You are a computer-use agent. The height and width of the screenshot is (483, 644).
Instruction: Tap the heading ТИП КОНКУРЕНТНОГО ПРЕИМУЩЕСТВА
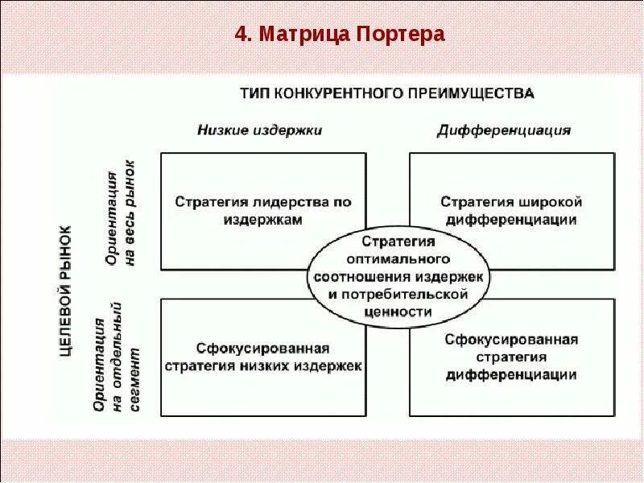pyautogui.click(x=386, y=93)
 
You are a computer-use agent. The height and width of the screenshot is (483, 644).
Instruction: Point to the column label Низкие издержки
pyautogui.click(x=259, y=130)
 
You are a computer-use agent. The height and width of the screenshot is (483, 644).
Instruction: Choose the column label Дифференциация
pyautogui.click(x=504, y=130)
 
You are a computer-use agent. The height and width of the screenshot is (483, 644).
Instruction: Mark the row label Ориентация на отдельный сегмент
pyautogui.click(x=118, y=357)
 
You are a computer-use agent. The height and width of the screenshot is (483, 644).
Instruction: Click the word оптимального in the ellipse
pyautogui.click(x=398, y=258)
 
